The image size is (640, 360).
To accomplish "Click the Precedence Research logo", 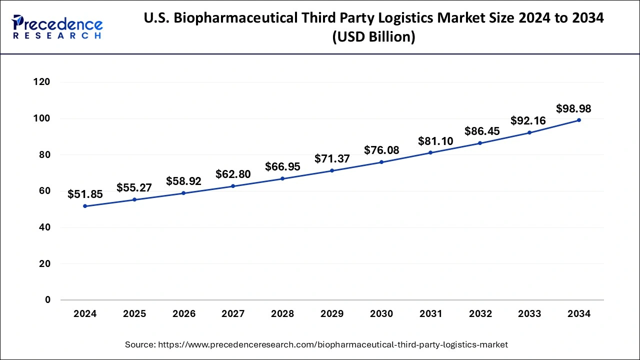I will (57, 26).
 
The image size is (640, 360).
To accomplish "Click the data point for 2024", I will (85, 206).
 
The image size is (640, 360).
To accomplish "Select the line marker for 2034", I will (579, 120).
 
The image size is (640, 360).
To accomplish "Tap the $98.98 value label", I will (574, 108).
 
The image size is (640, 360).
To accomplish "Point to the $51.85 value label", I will (85, 194).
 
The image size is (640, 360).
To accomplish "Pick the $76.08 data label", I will (381, 150).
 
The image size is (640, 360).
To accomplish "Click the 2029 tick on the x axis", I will (332, 314).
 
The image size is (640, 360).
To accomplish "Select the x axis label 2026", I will (184, 314).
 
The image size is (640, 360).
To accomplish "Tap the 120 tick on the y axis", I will (41, 82).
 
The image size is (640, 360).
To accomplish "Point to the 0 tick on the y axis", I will (47, 300).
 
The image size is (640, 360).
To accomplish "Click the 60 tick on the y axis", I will (44, 191).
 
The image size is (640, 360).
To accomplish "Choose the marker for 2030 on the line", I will (381, 162).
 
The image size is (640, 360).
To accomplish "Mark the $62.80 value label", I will (233, 174).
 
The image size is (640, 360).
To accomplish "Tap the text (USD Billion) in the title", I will (374, 37).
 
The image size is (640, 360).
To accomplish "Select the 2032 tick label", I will (480, 314).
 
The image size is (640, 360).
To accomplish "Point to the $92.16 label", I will (528, 120).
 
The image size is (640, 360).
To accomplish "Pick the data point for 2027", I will (233, 186).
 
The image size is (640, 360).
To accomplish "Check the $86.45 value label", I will (482, 131).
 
